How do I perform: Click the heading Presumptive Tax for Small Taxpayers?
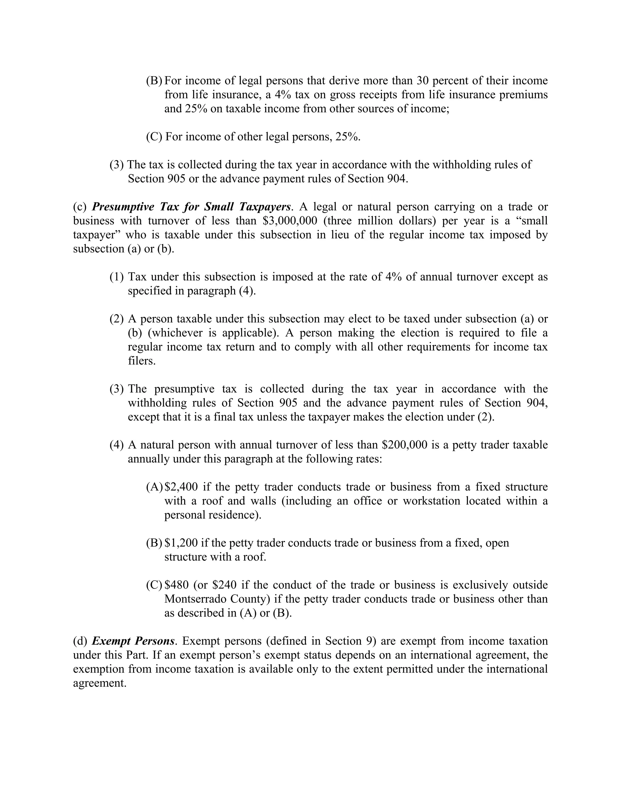[x=191, y=207]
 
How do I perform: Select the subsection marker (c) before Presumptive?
[x=80, y=207]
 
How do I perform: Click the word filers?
[x=141, y=361]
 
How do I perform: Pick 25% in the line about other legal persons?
[x=347, y=137]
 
